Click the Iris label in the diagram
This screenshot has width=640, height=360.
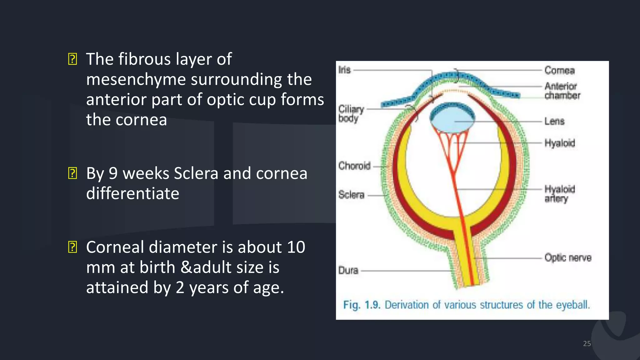(x=344, y=70)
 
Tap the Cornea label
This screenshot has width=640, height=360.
(x=559, y=70)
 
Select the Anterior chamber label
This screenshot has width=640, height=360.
(x=562, y=91)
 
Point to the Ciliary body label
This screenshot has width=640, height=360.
(x=351, y=113)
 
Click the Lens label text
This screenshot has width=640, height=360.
(x=554, y=121)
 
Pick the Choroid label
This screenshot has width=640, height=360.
(x=354, y=166)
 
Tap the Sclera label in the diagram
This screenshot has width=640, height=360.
(x=351, y=195)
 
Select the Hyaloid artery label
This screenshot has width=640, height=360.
(x=559, y=194)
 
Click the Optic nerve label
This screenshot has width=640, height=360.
(x=568, y=258)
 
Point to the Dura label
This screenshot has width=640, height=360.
(x=348, y=270)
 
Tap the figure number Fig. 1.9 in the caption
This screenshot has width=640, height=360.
(x=362, y=305)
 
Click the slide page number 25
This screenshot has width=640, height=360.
(x=587, y=343)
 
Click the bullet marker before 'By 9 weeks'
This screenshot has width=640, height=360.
(x=72, y=173)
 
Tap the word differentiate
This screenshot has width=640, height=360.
(x=132, y=193)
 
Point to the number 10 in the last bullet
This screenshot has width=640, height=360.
(x=296, y=247)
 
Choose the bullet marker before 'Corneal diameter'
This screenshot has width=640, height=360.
(x=72, y=247)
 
